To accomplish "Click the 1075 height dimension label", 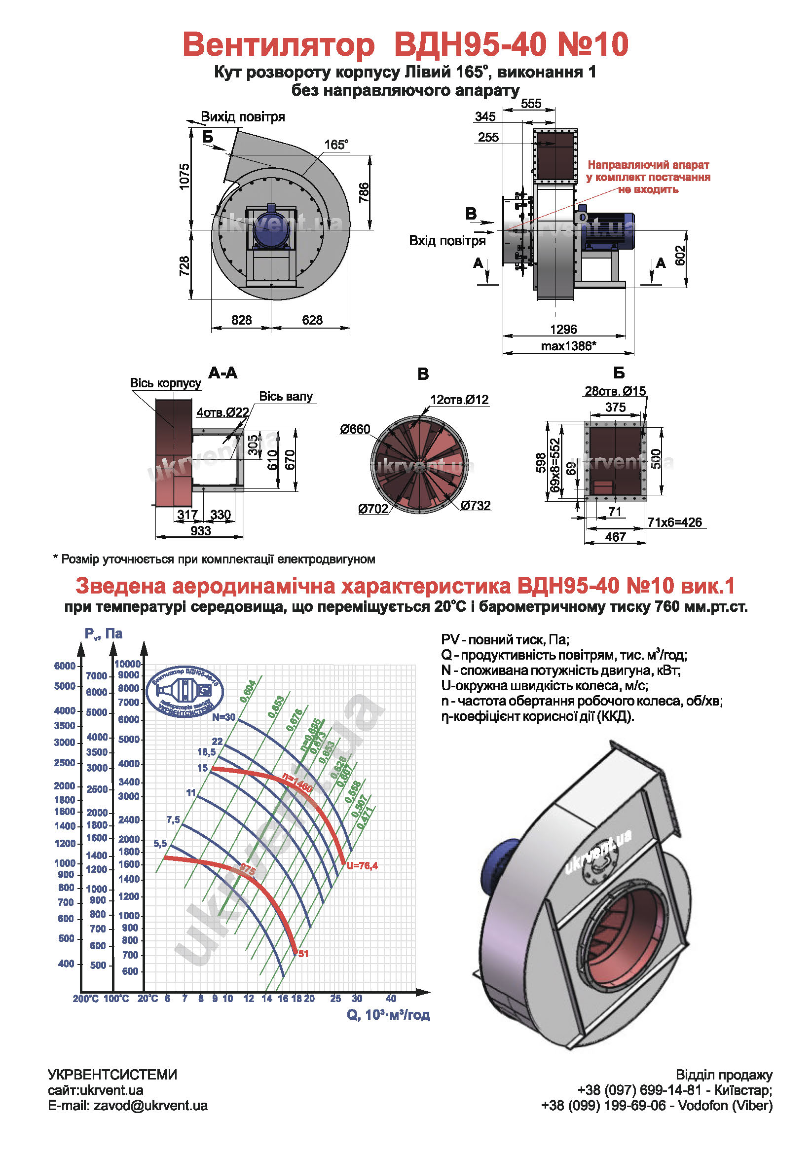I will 185,177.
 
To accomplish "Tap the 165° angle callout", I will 335,145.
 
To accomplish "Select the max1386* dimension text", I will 568,346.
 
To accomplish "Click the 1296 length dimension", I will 563,329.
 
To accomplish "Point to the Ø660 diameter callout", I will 355,429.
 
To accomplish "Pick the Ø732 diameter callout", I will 476,505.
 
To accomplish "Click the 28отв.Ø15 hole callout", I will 615,391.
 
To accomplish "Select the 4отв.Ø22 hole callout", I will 222,412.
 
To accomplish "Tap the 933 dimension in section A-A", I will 200,531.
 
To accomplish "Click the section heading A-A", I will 222,373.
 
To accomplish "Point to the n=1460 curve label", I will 297,782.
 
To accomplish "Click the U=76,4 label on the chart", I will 362,865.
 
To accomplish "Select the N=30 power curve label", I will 223,717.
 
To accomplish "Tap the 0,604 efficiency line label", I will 248,691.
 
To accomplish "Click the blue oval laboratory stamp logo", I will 185,692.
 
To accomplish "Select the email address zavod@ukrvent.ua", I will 150,1106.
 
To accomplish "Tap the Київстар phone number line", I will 675,1090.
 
